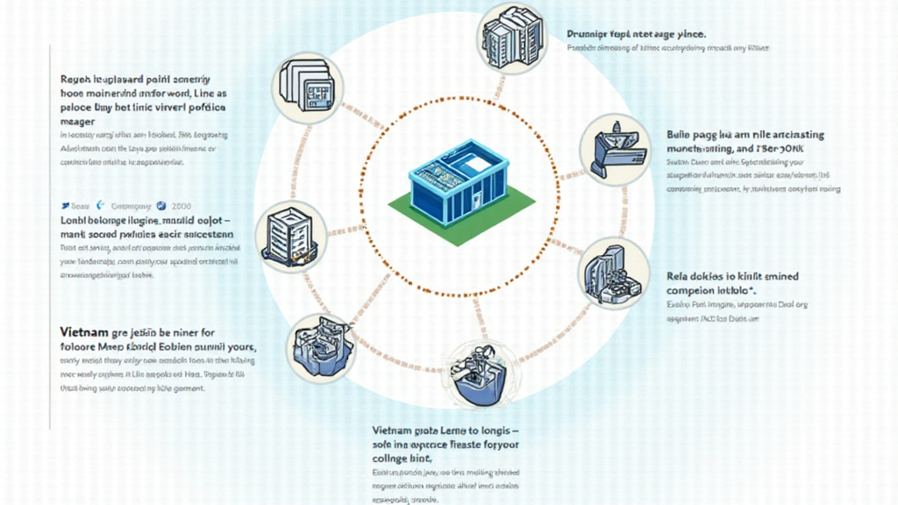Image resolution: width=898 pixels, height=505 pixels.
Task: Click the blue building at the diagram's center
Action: click(458, 179)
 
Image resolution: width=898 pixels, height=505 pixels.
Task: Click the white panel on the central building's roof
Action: click(475, 163)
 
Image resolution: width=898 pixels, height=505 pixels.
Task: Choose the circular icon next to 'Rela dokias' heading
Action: click(614, 272)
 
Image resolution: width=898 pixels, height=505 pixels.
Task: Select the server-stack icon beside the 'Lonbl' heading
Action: click(291, 236)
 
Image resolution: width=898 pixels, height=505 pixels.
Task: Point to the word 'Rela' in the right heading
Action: click(681, 276)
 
